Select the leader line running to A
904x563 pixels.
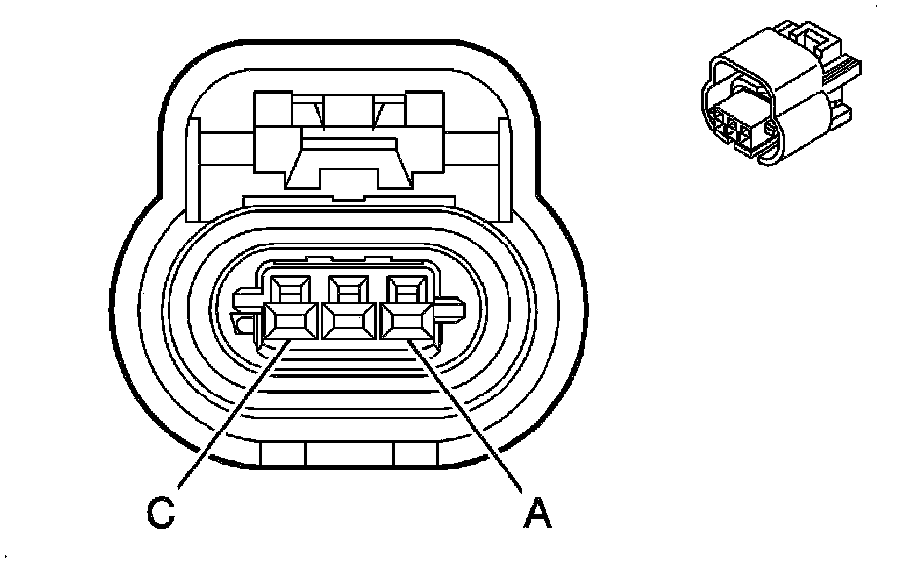click(468, 419)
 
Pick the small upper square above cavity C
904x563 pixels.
click(288, 288)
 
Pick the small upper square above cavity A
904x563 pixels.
click(406, 288)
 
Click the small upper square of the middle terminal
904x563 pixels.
click(348, 288)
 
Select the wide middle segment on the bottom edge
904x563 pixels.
click(349, 454)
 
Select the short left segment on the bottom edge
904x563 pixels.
click(283, 453)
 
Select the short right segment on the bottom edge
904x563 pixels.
click(415, 453)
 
